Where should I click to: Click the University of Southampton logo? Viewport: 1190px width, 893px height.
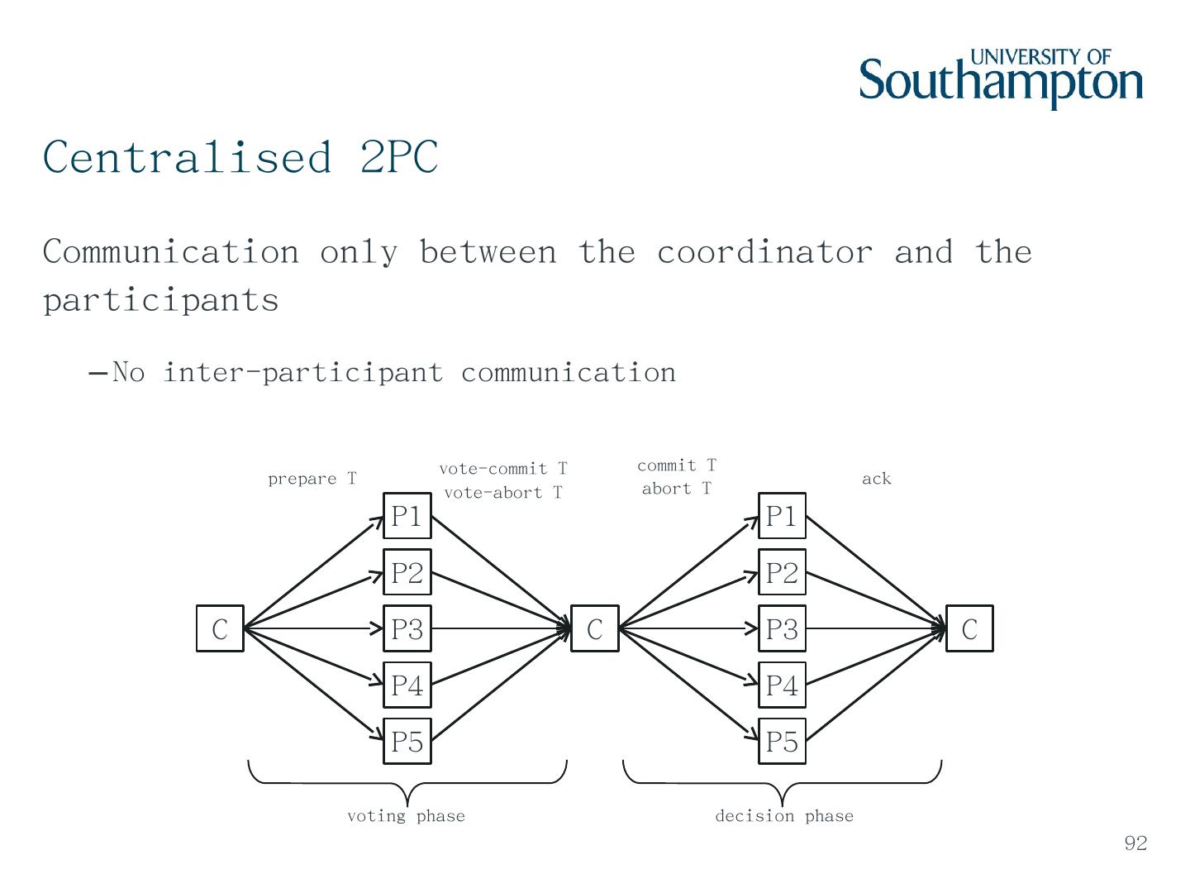click(1001, 78)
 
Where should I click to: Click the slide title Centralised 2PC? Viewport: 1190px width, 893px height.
click(240, 156)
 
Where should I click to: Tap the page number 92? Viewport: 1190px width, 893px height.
click(1135, 843)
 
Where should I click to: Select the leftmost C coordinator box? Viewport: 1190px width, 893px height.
click(220, 628)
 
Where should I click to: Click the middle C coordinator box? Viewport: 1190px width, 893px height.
click(595, 628)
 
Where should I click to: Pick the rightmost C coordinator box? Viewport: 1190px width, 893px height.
click(969, 628)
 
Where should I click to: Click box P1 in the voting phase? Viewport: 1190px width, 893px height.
click(407, 516)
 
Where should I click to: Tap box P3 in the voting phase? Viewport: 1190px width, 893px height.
click(407, 628)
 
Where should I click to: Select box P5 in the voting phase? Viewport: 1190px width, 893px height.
click(407, 741)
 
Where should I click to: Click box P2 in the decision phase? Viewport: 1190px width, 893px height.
click(782, 572)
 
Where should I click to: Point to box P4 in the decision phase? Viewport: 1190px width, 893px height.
click(782, 685)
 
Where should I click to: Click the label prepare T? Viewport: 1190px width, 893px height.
click(312, 479)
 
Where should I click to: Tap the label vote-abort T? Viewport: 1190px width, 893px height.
click(502, 493)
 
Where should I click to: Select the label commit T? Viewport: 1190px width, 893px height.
click(676, 466)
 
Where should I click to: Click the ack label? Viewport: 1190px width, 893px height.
click(876, 479)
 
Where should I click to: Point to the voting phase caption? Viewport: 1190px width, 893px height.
click(406, 816)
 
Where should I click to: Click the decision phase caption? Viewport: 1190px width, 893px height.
click(783, 816)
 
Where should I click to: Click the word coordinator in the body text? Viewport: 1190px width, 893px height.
click(764, 251)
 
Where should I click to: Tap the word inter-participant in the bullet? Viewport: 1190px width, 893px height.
click(302, 372)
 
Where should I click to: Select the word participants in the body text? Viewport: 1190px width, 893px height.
click(161, 299)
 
